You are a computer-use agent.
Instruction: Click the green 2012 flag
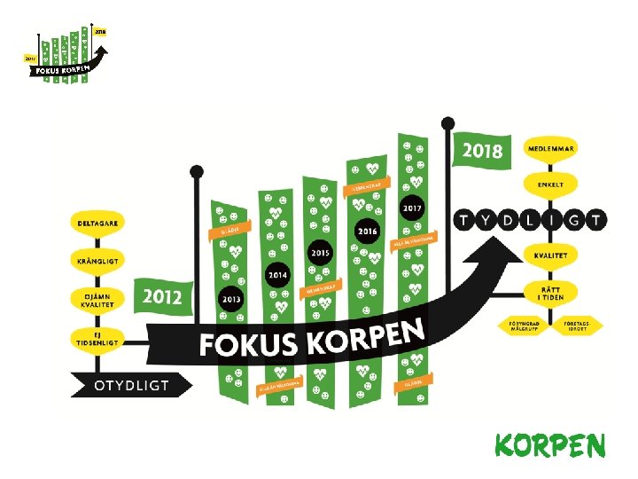click(161, 295)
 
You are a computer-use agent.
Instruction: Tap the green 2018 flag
click(482, 149)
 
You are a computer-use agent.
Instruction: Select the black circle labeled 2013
click(232, 299)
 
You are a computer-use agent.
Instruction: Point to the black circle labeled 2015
click(320, 253)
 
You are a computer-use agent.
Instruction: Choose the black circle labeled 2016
click(367, 231)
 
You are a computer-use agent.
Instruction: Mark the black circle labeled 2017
click(412, 208)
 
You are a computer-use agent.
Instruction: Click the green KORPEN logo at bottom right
click(549, 446)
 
